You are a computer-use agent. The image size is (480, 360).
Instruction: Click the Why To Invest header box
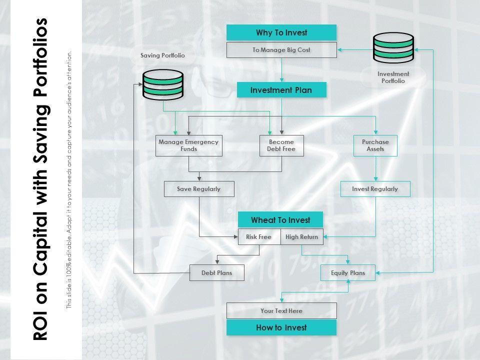tap(281, 33)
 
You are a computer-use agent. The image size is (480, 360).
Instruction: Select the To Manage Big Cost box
tap(281, 50)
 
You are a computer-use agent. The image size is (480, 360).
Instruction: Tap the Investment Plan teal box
tap(281, 90)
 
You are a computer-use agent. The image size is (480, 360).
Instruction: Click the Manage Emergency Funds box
tap(188, 145)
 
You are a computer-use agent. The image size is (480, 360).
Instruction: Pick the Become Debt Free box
tap(281, 145)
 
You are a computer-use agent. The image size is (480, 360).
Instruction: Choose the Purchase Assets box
tap(375, 145)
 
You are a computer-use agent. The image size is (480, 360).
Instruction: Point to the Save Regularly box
tap(198, 189)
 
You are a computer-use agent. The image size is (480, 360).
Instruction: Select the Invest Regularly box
tap(375, 189)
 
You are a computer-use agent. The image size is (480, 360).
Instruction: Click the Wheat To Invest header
tap(280, 220)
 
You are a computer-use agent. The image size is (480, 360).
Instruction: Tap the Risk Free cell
tap(258, 237)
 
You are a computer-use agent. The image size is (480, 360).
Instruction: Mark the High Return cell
tap(302, 237)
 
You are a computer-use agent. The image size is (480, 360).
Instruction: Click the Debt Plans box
tap(216, 273)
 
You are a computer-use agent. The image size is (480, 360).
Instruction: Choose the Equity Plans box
tap(348, 273)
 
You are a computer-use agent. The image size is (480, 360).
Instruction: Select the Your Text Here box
tap(281, 311)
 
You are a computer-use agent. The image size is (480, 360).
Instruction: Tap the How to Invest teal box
tap(281, 328)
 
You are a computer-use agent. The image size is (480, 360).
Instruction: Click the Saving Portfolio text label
tap(162, 55)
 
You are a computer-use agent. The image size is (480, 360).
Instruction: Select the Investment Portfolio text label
tap(393, 77)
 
